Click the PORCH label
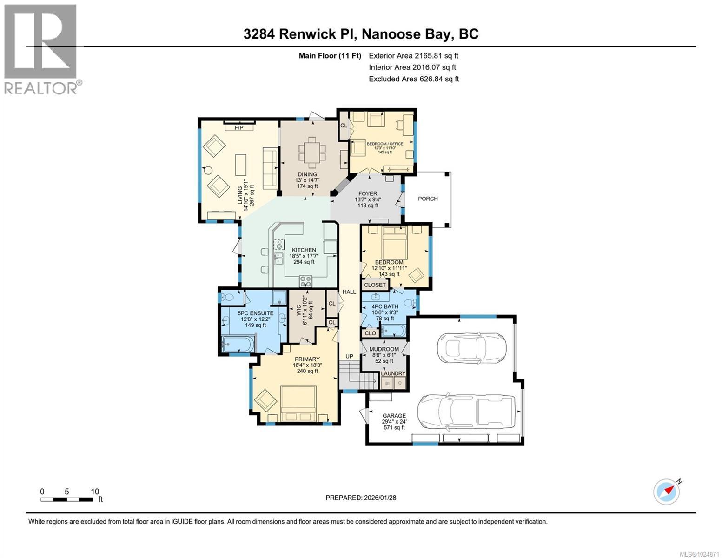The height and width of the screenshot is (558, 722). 428,199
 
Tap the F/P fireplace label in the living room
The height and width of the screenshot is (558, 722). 239,127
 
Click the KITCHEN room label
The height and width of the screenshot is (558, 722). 304,250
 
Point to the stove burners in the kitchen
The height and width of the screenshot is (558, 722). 305,281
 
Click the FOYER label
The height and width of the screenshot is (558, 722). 367,193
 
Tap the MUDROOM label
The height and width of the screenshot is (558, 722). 384,349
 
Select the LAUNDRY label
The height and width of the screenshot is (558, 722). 393,373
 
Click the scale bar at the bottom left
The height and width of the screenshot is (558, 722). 66,499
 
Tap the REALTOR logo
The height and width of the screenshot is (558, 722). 41,49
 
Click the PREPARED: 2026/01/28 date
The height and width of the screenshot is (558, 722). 361,498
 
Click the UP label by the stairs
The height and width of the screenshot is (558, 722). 349,356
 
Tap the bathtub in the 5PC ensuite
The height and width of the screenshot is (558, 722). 238,345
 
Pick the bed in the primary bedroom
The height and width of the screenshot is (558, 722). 298,404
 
